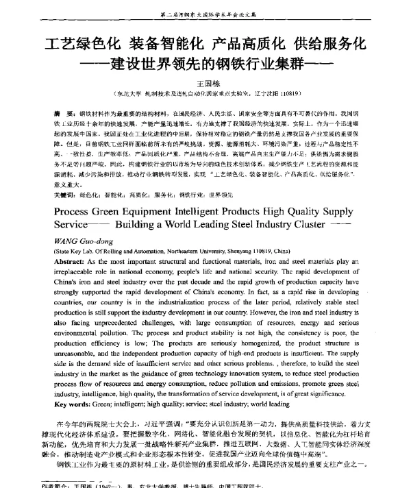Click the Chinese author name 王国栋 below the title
tap(206, 80)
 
